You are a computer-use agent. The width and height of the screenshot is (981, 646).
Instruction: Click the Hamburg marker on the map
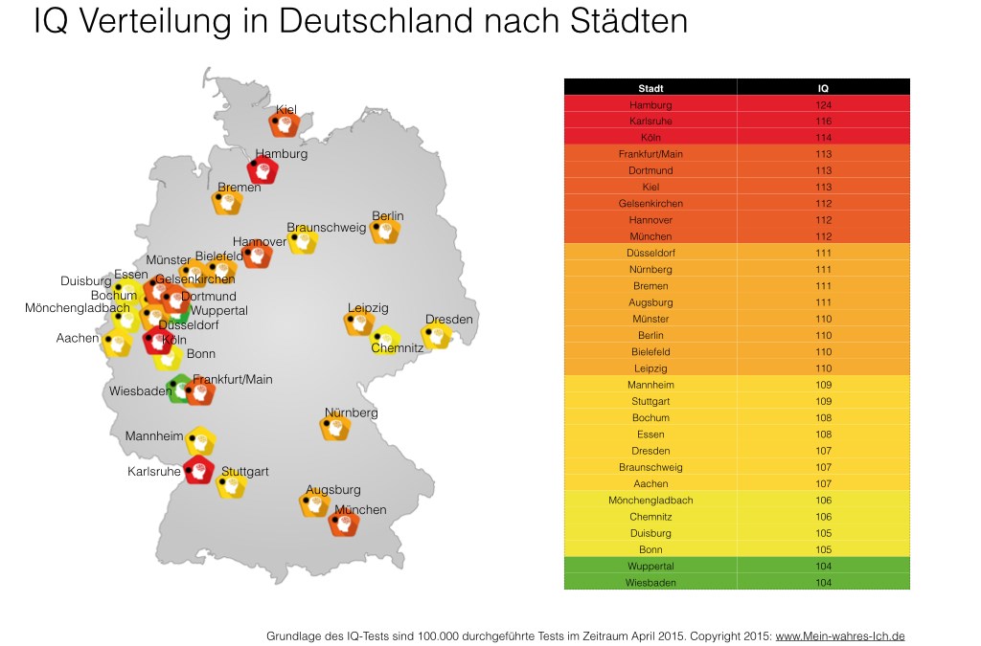[262, 170]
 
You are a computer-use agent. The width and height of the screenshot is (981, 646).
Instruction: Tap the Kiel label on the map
[285, 110]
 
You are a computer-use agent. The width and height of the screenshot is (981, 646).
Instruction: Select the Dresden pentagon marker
[437, 336]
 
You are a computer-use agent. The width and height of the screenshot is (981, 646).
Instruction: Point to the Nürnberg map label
[351, 412]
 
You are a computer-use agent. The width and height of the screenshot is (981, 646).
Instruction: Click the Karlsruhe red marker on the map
[198, 470]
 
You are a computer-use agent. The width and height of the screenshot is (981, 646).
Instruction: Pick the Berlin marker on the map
[386, 231]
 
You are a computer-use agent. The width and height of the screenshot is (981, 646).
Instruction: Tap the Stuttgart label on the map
[244, 472]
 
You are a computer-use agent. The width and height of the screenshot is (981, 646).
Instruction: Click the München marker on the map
[343, 523]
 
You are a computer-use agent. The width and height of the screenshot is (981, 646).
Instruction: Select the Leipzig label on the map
[368, 308]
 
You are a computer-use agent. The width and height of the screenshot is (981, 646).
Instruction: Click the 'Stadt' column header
[650, 88]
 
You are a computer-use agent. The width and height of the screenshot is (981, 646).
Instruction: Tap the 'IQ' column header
[823, 88]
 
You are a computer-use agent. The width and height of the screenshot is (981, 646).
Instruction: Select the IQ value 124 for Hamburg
[823, 104]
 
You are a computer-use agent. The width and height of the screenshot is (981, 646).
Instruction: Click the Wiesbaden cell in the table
[650, 582]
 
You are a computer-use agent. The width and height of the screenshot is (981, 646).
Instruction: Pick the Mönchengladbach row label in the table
[650, 501]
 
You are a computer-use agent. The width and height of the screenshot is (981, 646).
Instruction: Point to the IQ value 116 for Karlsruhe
[823, 122]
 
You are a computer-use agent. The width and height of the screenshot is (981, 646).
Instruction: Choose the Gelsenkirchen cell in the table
[650, 203]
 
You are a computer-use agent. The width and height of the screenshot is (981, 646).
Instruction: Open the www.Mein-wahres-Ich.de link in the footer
[839, 635]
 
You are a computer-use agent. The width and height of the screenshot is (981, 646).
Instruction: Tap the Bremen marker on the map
[227, 202]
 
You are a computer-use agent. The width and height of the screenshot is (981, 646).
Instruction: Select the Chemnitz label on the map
[398, 348]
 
